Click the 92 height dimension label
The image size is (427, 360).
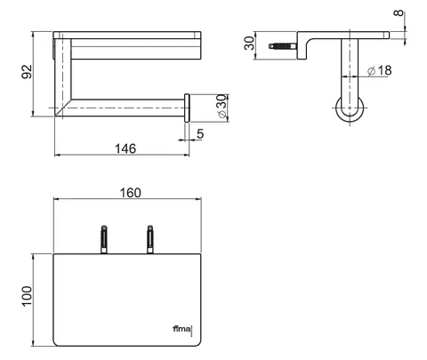click(x=27, y=71)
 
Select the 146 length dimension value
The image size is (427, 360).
click(x=125, y=148)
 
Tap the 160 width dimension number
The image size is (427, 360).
click(x=130, y=193)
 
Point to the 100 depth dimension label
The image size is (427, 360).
click(x=27, y=296)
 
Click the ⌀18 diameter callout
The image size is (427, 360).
click(x=379, y=70)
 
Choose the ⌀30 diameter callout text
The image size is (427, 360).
click(x=222, y=107)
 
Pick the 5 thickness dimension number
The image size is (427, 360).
click(x=200, y=134)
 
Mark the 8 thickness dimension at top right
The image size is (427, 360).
click(x=399, y=13)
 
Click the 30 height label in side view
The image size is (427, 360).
click(x=249, y=43)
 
